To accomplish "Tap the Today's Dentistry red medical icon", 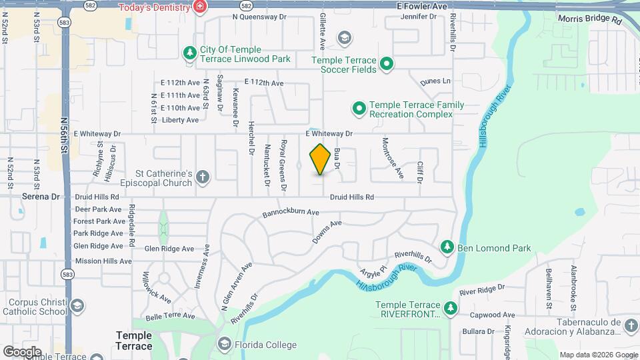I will tap(199, 7).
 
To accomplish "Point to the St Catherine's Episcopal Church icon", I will tap(203, 177).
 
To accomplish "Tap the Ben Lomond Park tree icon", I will tap(447, 248).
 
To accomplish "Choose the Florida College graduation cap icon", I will tap(224, 345).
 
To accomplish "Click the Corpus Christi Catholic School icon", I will tap(77, 307).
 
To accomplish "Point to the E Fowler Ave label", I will tap(422, 5).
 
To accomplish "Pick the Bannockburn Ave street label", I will tap(291, 213).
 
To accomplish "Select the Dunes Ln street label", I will tap(436, 81).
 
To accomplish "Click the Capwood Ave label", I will tap(492, 315).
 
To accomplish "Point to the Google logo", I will tap(22, 351).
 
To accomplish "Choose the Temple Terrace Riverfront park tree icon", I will tap(451, 308).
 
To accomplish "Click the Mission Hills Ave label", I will tap(103, 261).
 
